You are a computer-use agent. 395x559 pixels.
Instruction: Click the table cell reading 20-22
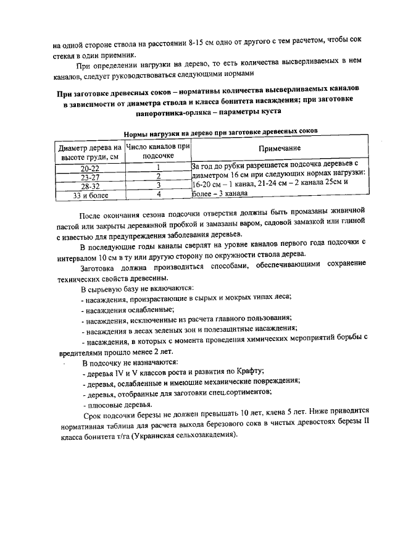pyautogui.click(x=89, y=167)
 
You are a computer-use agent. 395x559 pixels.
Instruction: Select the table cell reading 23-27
pyautogui.click(x=89, y=177)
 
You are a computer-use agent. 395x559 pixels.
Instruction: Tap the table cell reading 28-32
pyautogui.click(x=89, y=186)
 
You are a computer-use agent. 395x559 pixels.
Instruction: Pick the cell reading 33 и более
pyautogui.click(x=89, y=195)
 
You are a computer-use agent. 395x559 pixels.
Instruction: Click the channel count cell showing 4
pyautogui.click(x=158, y=195)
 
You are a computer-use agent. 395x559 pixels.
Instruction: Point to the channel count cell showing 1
pyautogui.click(x=158, y=167)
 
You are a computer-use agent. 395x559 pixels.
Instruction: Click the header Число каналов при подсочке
pyautogui.click(x=158, y=152)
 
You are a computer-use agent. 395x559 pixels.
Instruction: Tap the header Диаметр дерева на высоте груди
pyautogui.click(x=89, y=152)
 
